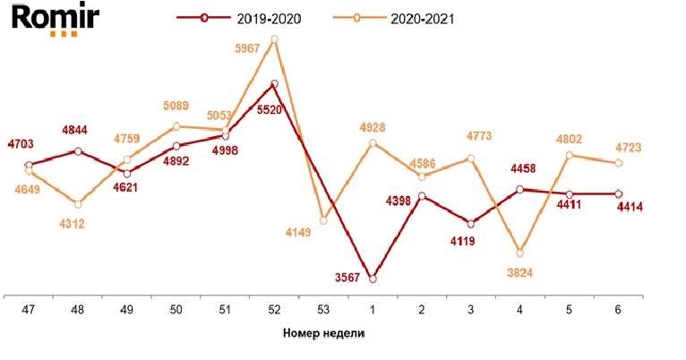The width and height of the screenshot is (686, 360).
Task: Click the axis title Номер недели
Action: pos(323,333)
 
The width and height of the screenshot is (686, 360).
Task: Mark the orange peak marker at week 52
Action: pos(274,39)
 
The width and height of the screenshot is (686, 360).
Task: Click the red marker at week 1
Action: pos(373,279)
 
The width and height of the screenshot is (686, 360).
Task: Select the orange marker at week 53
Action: pos(323,220)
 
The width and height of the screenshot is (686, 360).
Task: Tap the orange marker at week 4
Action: pos(520,253)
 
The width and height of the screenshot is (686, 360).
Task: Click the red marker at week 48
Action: pos(79,151)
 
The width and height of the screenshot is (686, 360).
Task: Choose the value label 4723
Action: pos(628,147)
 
